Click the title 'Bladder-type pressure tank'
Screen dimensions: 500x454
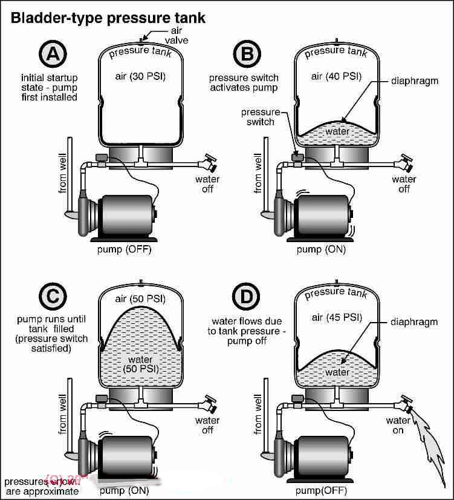tap(108, 18)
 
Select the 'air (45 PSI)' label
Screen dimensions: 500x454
tap(334, 317)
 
